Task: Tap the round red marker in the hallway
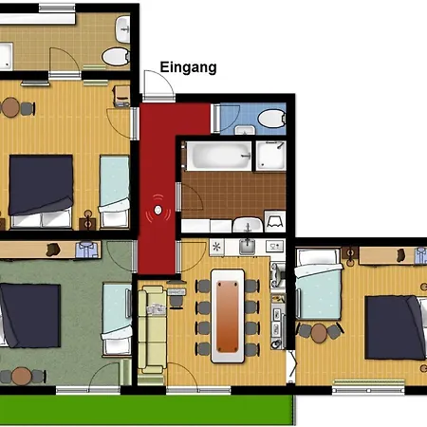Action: pyautogui.click(x=158, y=211)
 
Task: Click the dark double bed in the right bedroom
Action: pyautogui.click(x=391, y=327)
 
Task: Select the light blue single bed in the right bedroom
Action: pyautogui.click(x=318, y=284)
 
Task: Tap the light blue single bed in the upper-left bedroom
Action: pyautogui.click(x=115, y=185)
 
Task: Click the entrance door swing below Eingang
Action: pyautogui.click(x=158, y=87)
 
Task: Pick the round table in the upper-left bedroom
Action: pyautogui.click(x=10, y=108)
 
